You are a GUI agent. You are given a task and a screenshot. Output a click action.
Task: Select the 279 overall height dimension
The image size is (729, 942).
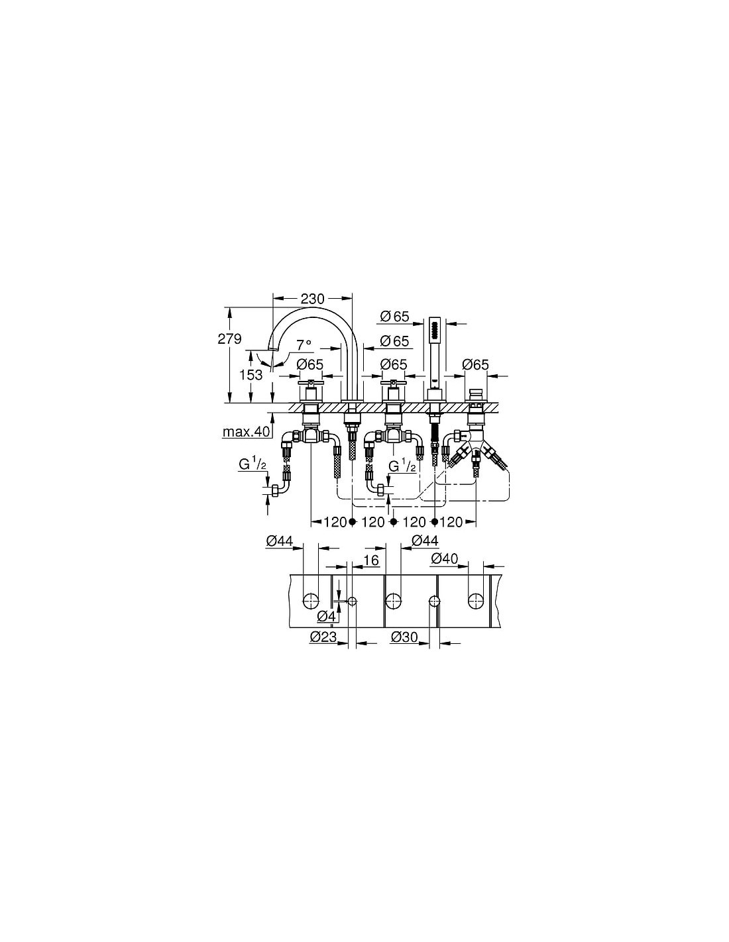point(229,339)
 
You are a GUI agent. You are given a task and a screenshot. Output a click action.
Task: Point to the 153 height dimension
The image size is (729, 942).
point(251,374)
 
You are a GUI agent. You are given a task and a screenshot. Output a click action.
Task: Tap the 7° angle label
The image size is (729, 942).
point(304,344)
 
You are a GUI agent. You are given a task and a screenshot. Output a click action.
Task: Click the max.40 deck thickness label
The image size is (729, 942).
point(246,431)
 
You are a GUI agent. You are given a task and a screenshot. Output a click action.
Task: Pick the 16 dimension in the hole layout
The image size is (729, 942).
point(372,560)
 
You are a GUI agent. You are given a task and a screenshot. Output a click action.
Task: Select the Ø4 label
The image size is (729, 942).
point(326,615)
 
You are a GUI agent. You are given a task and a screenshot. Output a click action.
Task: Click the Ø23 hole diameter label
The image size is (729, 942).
point(323,637)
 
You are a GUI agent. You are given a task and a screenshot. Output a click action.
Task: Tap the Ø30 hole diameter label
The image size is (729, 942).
point(404,637)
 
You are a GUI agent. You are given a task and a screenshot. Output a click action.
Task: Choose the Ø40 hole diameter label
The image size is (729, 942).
point(445,559)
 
